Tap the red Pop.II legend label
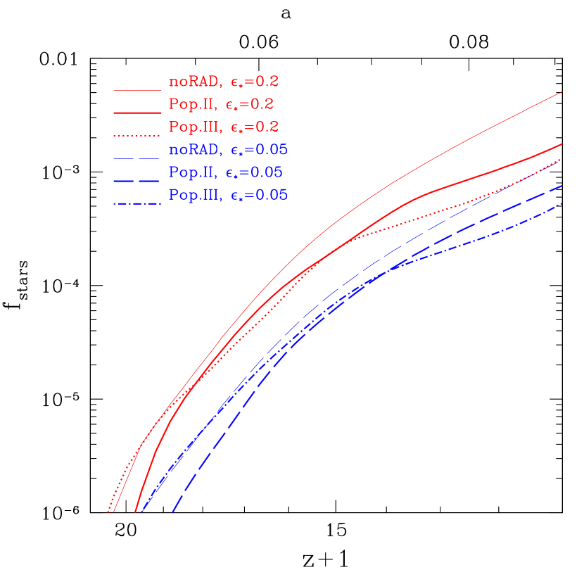click(191, 104)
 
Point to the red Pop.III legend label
click(194, 127)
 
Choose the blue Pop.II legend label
click(191, 172)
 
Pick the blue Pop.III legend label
click(194, 196)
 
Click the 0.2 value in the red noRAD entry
click(268, 82)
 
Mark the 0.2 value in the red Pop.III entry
click(268, 127)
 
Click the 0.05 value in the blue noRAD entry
click(273, 150)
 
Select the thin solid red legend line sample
click(137, 90)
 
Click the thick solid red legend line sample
click(137, 112)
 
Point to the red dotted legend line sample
click(137, 134)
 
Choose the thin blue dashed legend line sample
click(137, 158)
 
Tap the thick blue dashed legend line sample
click(137, 181)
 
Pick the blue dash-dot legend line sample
click(137, 204)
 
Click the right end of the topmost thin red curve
click(561, 92)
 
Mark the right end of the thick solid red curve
click(561, 144)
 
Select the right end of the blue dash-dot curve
click(561, 204)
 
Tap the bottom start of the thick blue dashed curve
click(172, 512)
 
